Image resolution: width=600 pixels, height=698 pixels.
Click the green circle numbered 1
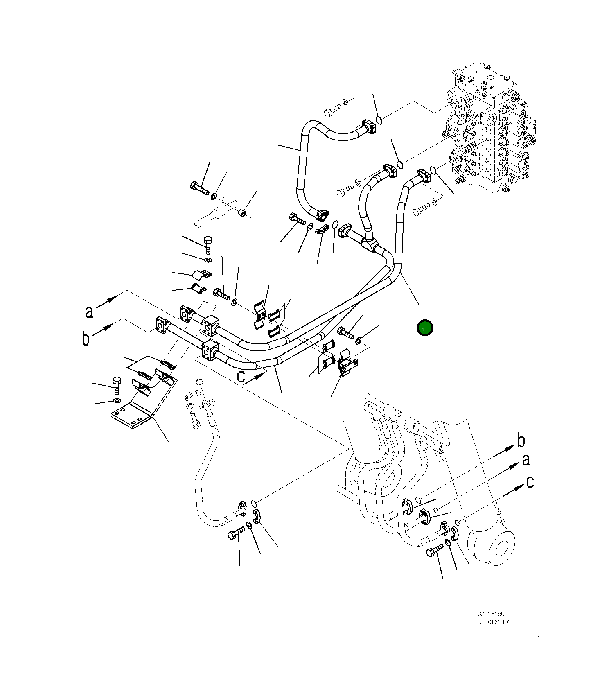(424, 328)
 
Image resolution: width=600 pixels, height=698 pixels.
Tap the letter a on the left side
(89, 312)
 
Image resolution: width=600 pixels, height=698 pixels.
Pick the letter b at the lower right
(521, 441)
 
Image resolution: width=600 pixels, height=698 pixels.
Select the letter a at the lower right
(526, 460)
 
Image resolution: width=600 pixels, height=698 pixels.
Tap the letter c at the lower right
(530, 482)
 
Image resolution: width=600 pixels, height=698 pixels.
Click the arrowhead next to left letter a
(113, 299)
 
